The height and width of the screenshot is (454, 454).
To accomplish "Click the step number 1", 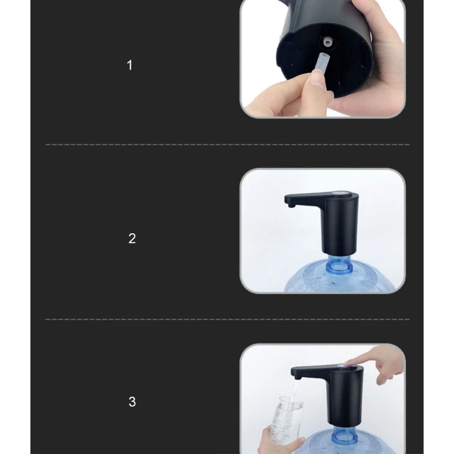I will (129, 65).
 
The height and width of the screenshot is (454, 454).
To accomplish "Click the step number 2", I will (132, 238).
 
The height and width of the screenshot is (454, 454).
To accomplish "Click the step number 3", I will (132, 402).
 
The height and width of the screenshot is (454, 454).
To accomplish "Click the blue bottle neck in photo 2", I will (339, 262).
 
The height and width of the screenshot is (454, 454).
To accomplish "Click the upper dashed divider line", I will (227, 145).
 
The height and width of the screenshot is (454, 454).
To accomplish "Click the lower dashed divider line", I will (227, 320).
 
